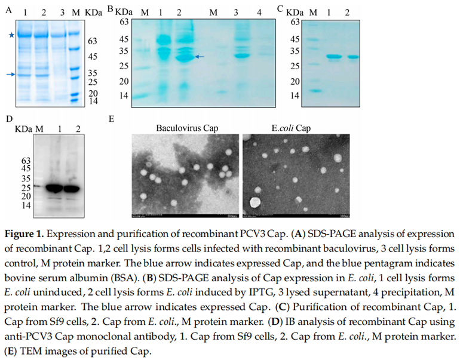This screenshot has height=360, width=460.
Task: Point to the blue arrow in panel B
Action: click(200, 56)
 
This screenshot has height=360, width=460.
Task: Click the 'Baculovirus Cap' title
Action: click(183, 128)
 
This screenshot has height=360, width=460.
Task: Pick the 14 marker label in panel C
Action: click(295, 96)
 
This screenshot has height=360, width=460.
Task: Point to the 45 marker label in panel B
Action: click(124, 39)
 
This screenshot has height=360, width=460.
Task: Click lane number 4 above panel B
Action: click(259, 11)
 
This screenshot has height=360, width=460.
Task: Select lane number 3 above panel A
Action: click(61, 11)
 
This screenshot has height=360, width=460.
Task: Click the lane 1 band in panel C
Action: click(333, 57)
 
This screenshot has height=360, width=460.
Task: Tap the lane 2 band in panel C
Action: click(354, 57)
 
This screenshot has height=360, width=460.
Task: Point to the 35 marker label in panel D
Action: click(25, 179)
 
